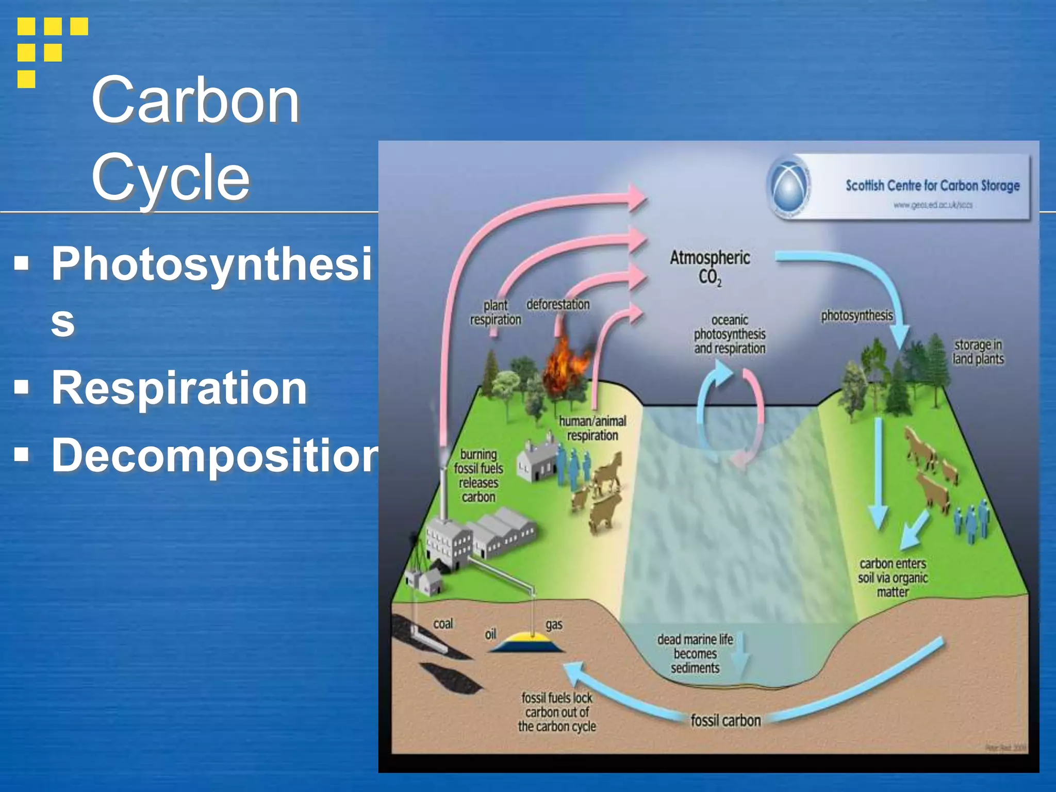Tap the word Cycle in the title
click(x=170, y=177)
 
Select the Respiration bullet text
click(x=179, y=388)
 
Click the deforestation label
click(x=557, y=304)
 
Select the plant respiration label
click(x=495, y=312)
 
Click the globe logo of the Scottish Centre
click(x=789, y=186)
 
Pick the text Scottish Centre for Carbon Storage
click(x=932, y=186)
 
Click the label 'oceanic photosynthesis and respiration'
click(x=729, y=334)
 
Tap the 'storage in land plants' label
click(x=978, y=352)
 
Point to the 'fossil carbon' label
click(x=725, y=720)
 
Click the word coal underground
click(x=443, y=624)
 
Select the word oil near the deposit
click(x=490, y=634)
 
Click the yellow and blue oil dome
click(x=526, y=642)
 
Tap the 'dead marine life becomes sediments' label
click(x=695, y=653)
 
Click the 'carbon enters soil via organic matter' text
click(x=893, y=577)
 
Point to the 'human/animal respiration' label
click(x=592, y=428)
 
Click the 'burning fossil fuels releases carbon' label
click(x=478, y=475)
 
